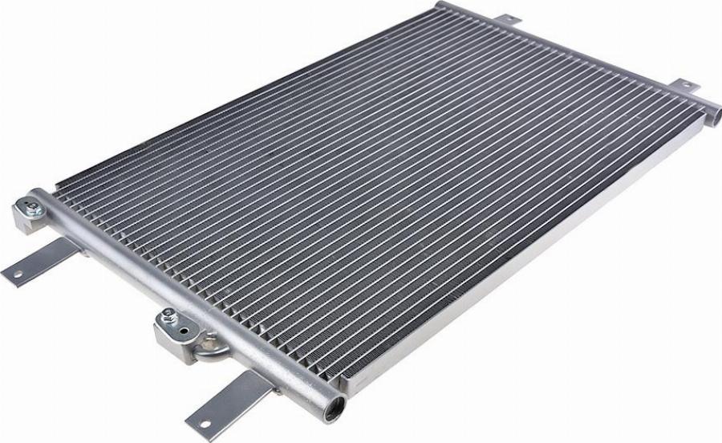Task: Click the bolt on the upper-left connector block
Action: [31, 210]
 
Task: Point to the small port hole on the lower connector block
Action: [189, 329]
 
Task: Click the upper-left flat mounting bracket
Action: [40, 260]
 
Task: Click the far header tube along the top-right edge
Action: [578, 56]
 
